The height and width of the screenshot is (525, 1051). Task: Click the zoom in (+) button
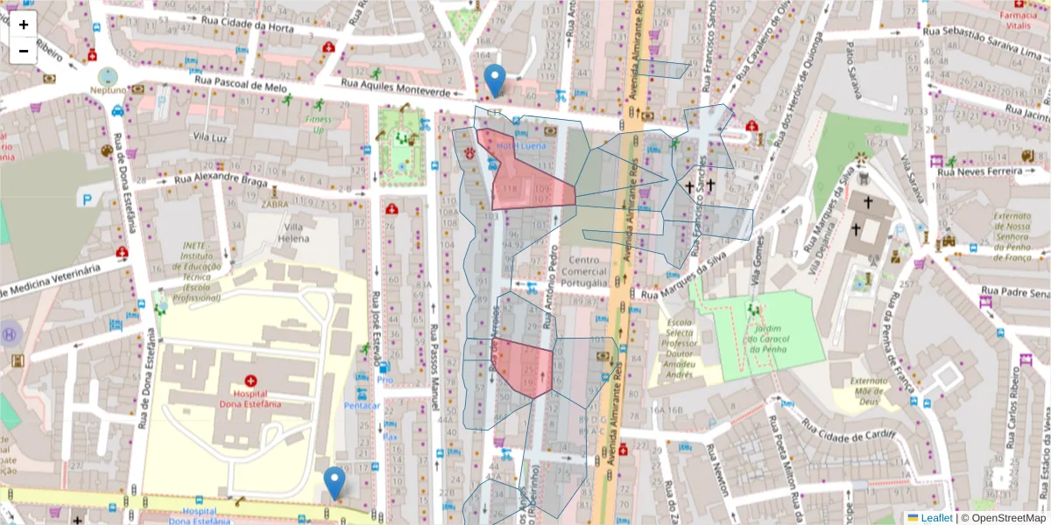tap(24, 24)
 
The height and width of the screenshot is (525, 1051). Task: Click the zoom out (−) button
tap(24, 51)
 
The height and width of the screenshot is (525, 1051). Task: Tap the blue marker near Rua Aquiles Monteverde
tap(495, 80)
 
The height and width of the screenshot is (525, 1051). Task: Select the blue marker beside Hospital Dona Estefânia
tap(335, 482)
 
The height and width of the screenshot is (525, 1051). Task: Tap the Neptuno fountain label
tap(107, 89)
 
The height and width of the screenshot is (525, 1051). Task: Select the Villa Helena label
tap(294, 232)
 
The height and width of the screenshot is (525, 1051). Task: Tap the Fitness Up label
tap(319, 124)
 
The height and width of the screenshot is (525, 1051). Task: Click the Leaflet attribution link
tap(936, 518)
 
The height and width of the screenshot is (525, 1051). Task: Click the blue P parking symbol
tap(87, 199)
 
